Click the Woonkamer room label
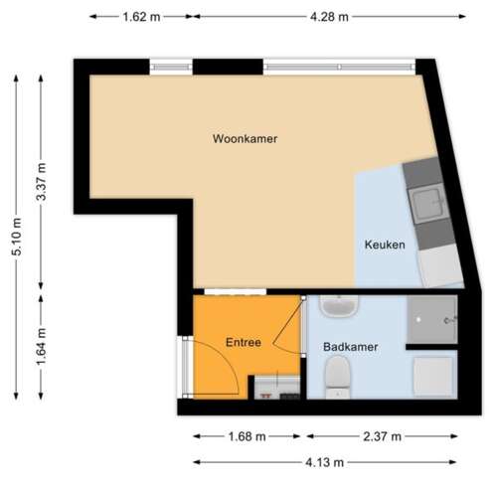click(x=245, y=138)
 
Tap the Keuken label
click(x=385, y=245)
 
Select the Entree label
click(x=244, y=342)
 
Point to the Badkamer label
click(x=350, y=347)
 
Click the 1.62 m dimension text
click(x=141, y=17)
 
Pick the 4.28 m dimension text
click(x=329, y=17)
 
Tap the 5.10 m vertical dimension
click(x=17, y=237)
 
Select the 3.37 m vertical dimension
click(x=42, y=182)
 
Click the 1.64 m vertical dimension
click(x=42, y=346)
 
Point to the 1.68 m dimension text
click(x=248, y=436)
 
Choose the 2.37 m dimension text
click(x=382, y=436)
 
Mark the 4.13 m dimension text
click(x=325, y=462)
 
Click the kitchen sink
click(x=427, y=203)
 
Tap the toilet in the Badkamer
click(x=338, y=377)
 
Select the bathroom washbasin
click(x=338, y=306)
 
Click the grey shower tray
click(x=432, y=319)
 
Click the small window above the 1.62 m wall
click(x=171, y=67)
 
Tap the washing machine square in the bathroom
click(x=433, y=377)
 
